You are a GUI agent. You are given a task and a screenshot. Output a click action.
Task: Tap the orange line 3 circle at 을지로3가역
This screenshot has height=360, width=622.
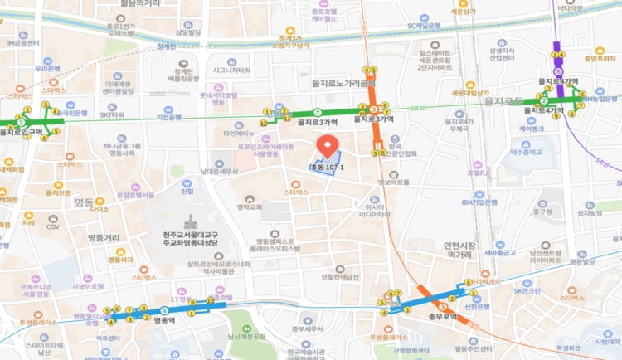(x=374, y=109)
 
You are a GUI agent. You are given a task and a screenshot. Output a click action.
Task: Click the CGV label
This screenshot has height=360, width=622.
(x=53, y=226)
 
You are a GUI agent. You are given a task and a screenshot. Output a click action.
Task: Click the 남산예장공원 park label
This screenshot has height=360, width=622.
(x=246, y=336)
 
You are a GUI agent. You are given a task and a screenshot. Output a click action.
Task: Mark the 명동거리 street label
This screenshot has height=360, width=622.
(x=104, y=238)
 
